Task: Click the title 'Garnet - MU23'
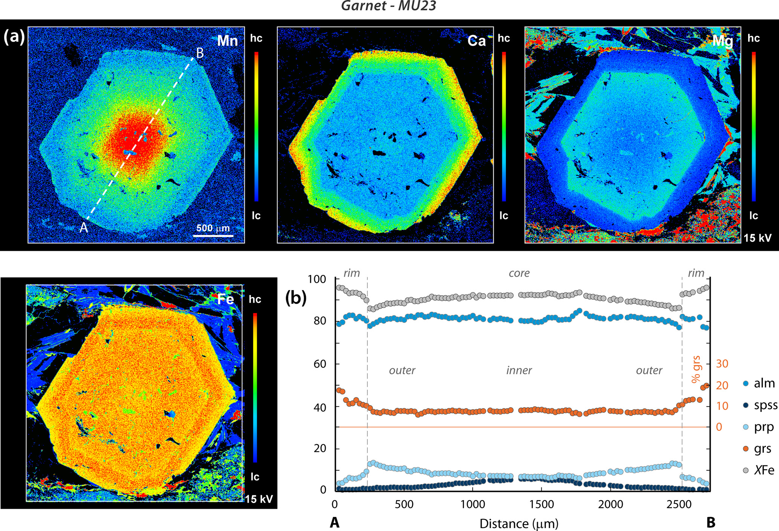[x=389, y=6]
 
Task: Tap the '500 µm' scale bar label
[x=213, y=228]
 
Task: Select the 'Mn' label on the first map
[x=228, y=41]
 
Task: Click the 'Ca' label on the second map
[x=476, y=41]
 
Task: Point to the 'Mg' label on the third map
[x=722, y=41]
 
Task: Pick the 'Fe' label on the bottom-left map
[x=226, y=299]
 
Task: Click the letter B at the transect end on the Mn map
[x=200, y=54]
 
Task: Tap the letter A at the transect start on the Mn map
[x=84, y=227]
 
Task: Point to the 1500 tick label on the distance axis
[x=542, y=504]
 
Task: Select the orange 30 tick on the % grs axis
[x=722, y=364]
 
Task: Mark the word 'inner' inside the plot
[x=519, y=370]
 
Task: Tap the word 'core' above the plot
[x=519, y=273]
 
